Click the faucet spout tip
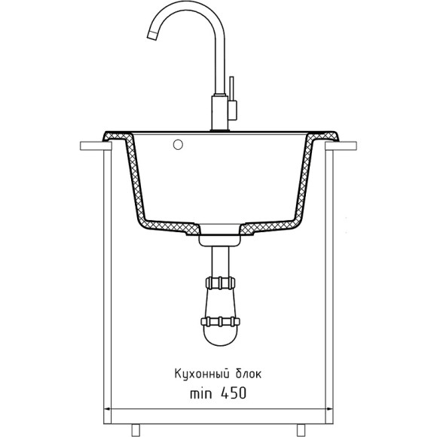(152, 35)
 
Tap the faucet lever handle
(232, 98)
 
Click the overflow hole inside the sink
(178, 145)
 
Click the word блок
(249, 374)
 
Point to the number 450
(234, 393)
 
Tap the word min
(200, 394)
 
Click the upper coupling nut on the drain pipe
(220, 283)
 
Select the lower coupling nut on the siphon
(220, 322)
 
